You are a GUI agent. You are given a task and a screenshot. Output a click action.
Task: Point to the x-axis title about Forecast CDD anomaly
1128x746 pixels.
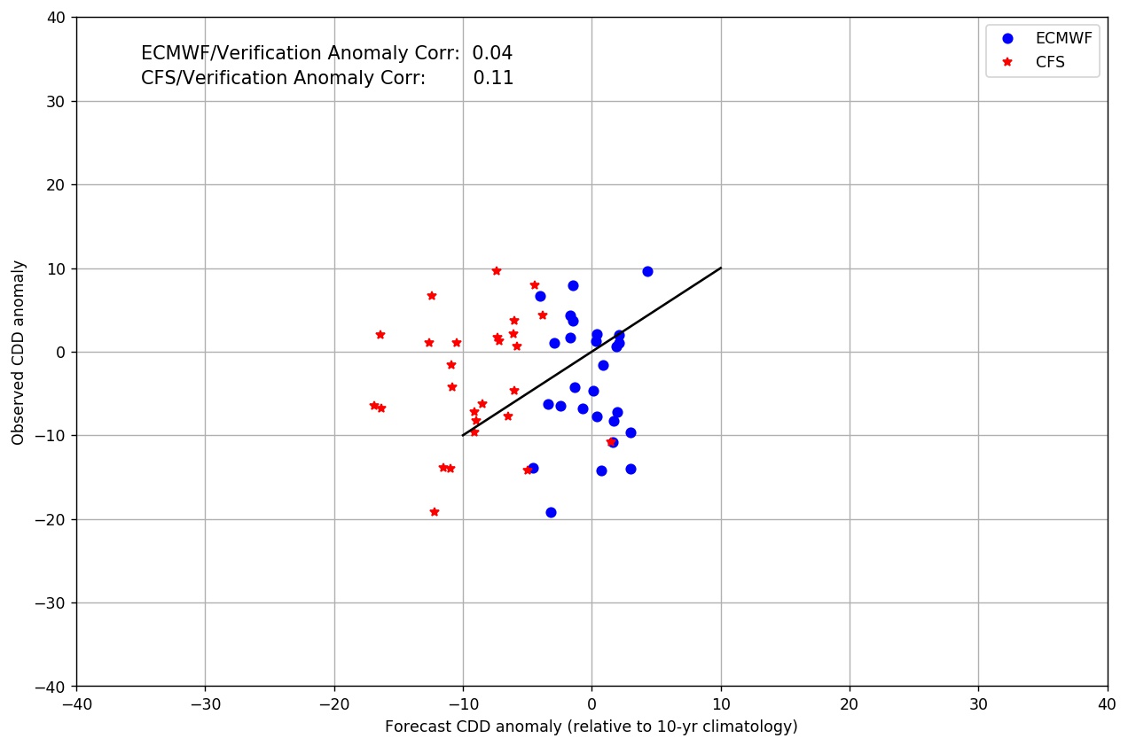(591, 727)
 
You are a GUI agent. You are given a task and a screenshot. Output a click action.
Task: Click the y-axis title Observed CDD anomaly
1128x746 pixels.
(18, 352)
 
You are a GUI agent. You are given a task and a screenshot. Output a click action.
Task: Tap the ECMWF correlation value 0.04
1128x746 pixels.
(492, 53)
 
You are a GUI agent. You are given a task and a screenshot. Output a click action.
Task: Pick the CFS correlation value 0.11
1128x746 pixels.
(493, 78)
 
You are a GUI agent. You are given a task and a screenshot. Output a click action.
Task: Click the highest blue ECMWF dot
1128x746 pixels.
(647, 271)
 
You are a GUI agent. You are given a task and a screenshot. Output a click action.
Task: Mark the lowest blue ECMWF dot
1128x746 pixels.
(551, 512)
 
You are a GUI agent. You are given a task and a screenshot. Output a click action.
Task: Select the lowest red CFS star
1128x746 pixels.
(434, 511)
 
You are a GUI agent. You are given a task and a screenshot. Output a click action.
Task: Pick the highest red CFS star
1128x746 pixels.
(496, 270)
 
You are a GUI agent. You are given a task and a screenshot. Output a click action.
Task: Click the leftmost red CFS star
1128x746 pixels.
(373, 405)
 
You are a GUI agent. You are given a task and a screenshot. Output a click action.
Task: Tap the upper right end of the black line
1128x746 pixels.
(720, 268)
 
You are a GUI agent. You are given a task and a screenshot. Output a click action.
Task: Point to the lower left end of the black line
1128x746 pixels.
(463, 435)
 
